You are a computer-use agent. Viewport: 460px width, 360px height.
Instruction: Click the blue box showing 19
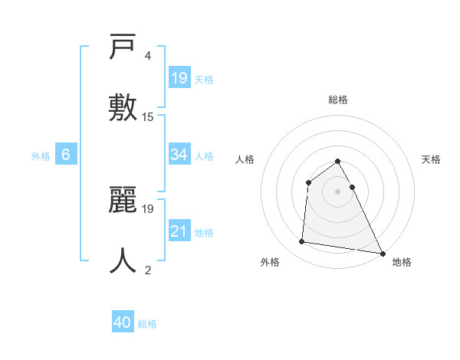click(x=179, y=77)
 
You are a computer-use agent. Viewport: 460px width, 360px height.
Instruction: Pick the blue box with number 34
click(x=179, y=155)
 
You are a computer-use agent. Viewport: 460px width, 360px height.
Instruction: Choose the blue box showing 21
click(x=179, y=231)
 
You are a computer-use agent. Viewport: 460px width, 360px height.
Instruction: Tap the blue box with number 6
click(x=66, y=155)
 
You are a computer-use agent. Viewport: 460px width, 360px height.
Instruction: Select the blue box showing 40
click(x=123, y=322)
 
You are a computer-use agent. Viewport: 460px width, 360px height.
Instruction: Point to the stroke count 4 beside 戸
click(x=147, y=56)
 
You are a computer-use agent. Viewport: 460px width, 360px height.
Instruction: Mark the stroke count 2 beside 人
click(x=147, y=270)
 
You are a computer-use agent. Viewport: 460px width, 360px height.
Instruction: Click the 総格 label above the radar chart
click(x=338, y=100)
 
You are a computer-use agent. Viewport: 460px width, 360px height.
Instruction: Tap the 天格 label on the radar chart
click(x=431, y=159)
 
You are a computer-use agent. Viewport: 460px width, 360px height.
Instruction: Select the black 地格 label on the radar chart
click(x=402, y=262)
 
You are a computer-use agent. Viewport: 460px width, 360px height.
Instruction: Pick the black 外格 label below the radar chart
click(x=270, y=262)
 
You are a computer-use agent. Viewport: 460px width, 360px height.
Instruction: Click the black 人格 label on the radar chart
click(x=245, y=159)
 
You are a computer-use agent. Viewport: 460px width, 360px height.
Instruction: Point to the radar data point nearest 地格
click(x=382, y=253)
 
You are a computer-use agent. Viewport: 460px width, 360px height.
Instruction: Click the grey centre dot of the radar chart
click(x=337, y=191)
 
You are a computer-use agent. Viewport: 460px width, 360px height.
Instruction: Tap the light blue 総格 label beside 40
click(x=148, y=324)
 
